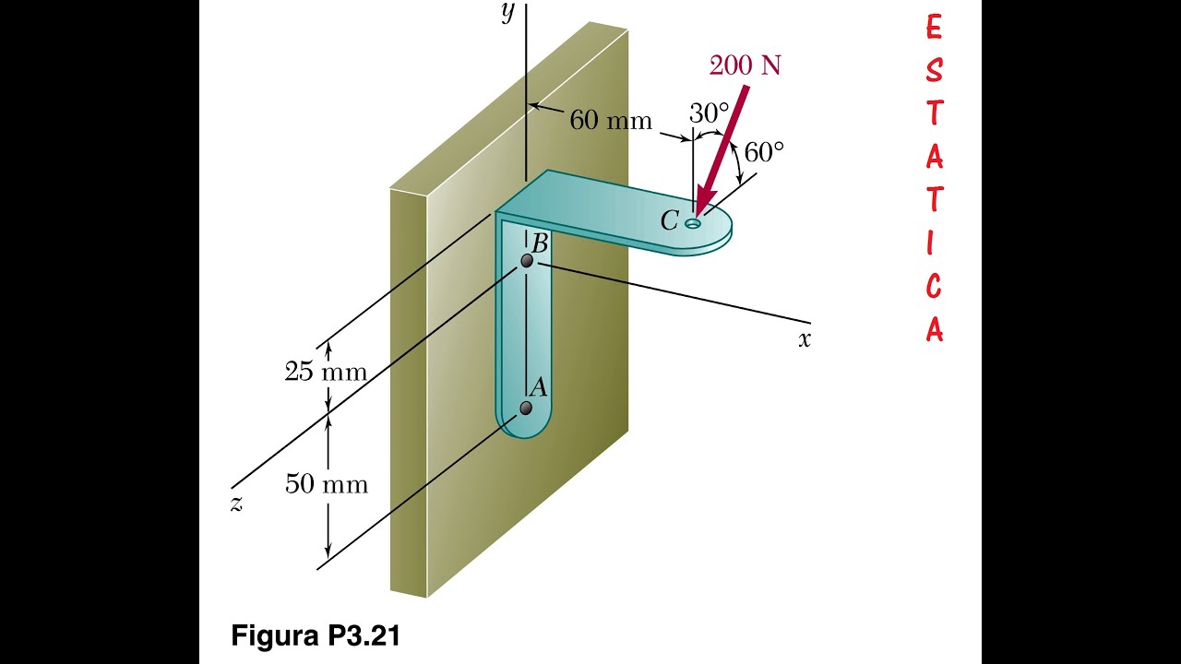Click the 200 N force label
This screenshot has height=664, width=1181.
tap(746, 65)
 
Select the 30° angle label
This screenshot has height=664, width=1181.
tap(709, 113)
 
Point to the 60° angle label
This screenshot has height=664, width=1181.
tap(764, 152)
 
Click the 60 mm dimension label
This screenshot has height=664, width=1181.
tap(610, 120)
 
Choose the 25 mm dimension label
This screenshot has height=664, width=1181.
tap(325, 373)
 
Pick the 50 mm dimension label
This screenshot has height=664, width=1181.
tap(326, 484)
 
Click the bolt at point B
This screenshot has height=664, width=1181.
tap(527, 262)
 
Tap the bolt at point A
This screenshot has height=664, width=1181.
tap(526, 408)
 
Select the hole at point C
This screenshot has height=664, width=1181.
tap(692, 223)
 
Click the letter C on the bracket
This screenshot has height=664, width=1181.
tap(669, 221)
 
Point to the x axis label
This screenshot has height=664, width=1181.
tap(805, 339)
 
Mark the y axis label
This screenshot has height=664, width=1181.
tap(507, 14)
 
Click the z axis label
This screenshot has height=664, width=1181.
tap(236, 504)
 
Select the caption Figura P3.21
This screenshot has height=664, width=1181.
tap(316, 635)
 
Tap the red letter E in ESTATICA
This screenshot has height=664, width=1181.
tap(934, 29)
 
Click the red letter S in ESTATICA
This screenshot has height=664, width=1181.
tap(934, 71)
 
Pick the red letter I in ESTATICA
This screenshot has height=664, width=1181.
tap(934, 244)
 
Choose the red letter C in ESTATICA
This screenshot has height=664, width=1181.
tap(934, 287)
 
